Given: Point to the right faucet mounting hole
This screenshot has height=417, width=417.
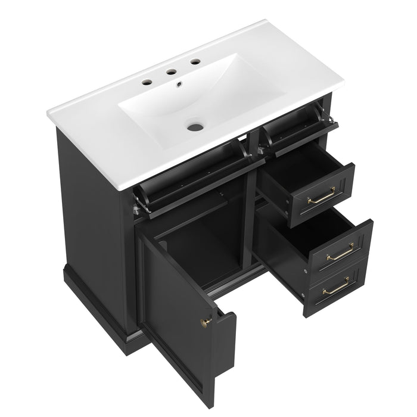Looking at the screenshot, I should pyautogui.click(x=195, y=61).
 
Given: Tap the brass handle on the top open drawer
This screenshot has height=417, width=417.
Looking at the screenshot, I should pyautogui.click(x=321, y=196).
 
